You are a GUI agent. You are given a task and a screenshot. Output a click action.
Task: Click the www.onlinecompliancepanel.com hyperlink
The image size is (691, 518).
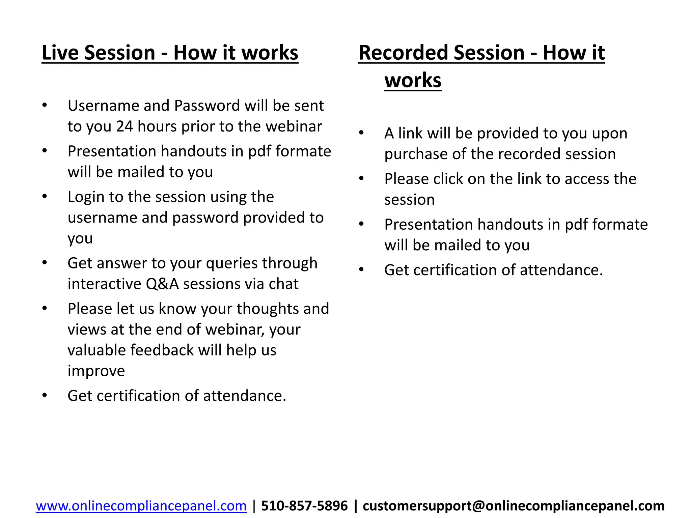(141, 506)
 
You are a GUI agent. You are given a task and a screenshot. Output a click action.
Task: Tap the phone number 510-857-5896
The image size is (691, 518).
(304, 506)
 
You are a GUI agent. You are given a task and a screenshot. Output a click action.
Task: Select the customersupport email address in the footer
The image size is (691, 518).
(513, 506)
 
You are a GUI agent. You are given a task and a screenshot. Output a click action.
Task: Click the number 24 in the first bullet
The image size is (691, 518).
(125, 126)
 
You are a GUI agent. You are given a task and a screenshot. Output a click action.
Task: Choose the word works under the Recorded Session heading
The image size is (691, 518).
(413, 81)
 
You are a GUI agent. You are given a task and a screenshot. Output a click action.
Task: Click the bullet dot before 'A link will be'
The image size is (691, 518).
(361, 133)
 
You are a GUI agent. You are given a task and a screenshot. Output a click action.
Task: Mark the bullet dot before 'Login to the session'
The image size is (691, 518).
(45, 196)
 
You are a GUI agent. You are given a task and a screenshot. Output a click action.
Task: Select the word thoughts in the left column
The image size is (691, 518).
(268, 309)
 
